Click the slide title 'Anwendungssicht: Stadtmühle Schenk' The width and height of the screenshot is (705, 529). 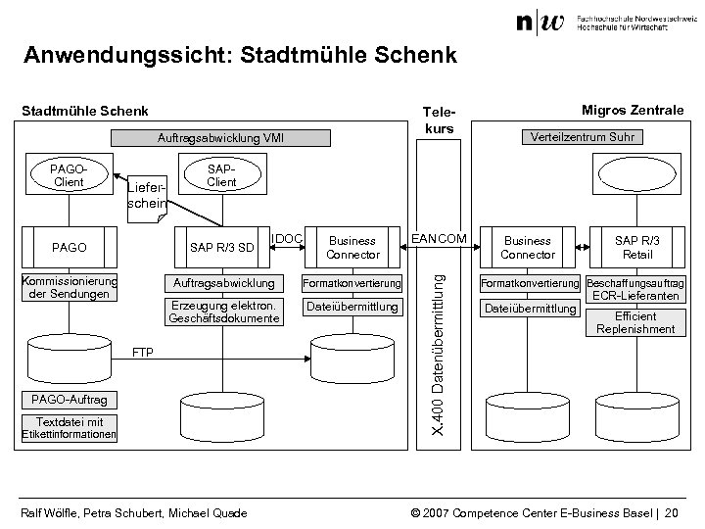[240, 56]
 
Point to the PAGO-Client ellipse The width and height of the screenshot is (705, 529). [68, 176]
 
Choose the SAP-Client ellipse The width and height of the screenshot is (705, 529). [221, 176]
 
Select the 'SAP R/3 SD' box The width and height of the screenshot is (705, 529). [221, 246]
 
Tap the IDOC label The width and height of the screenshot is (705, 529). [289, 238]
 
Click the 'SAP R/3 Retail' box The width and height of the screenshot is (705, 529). [637, 247]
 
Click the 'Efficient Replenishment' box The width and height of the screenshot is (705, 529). [637, 322]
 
